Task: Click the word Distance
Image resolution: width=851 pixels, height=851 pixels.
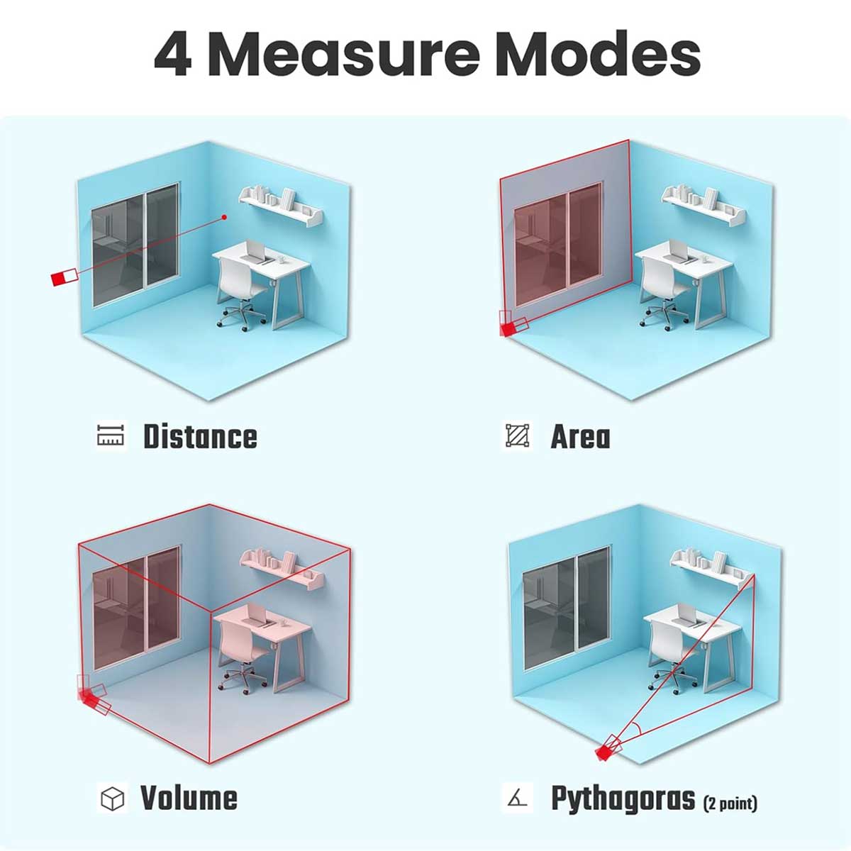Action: [x=200, y=436]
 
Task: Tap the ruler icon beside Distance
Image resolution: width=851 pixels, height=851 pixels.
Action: [x=111, y=435]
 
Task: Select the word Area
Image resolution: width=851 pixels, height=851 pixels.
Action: [x=580, y=437]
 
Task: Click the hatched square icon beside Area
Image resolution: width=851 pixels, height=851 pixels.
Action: [x=518, y=435]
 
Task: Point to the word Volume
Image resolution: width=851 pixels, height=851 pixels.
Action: [x=189, y=798]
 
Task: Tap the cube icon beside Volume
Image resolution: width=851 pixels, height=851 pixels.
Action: [x=112, y=799]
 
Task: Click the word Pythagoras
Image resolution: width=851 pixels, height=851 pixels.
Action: [x=623, y=799]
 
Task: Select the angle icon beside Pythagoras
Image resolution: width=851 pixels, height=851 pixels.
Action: [x=517, y=799]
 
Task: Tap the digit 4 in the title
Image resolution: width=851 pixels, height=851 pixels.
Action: [x=173, y=55]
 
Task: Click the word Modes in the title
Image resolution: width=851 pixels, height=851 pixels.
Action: [x=599, y=54]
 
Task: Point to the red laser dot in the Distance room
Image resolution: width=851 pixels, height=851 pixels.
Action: [x=224, y=217]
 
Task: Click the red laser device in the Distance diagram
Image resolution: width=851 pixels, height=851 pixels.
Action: [x=65, y=277]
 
